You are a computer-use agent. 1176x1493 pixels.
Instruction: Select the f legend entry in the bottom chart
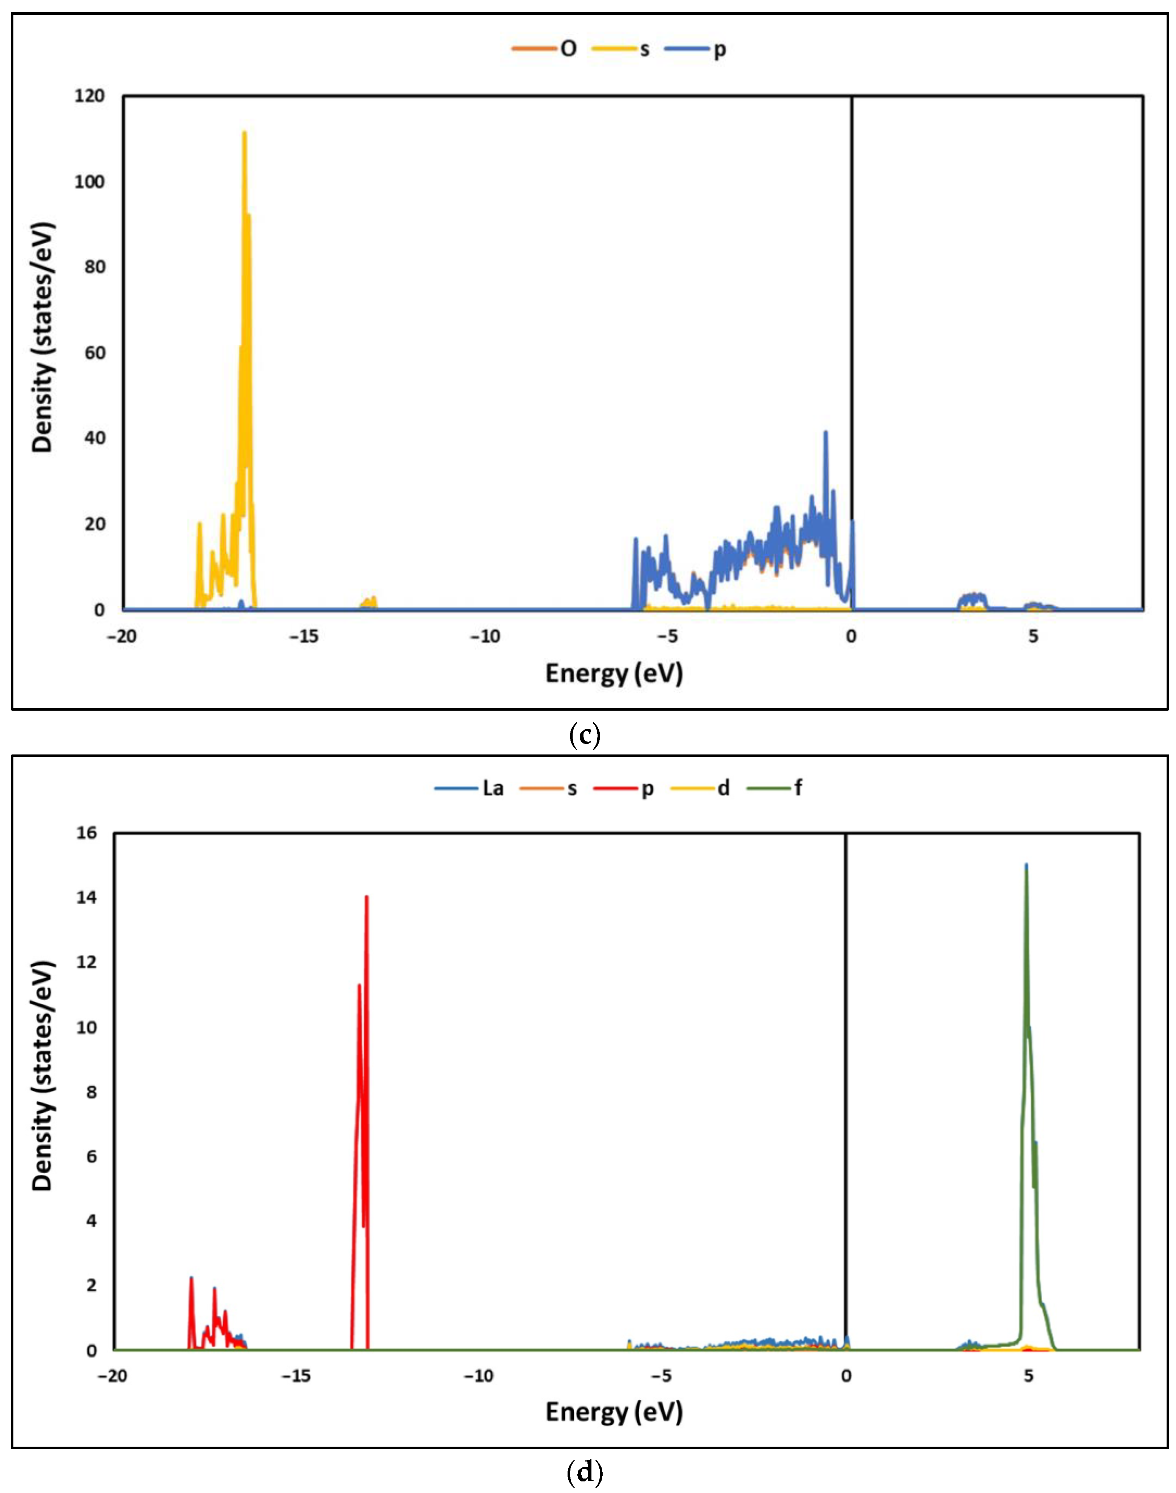click(x=797, y=787)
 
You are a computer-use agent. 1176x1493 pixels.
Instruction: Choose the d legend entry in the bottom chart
click(x=723, y=787)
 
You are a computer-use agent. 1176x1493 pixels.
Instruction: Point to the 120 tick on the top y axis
click(x=90, y=96)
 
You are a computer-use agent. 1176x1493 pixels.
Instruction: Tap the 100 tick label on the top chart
click(x=90, y=182)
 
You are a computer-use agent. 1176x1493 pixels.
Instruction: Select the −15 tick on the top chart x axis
click(x=303, y=636)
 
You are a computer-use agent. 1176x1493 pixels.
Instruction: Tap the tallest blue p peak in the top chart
click(x=825, y=433)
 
